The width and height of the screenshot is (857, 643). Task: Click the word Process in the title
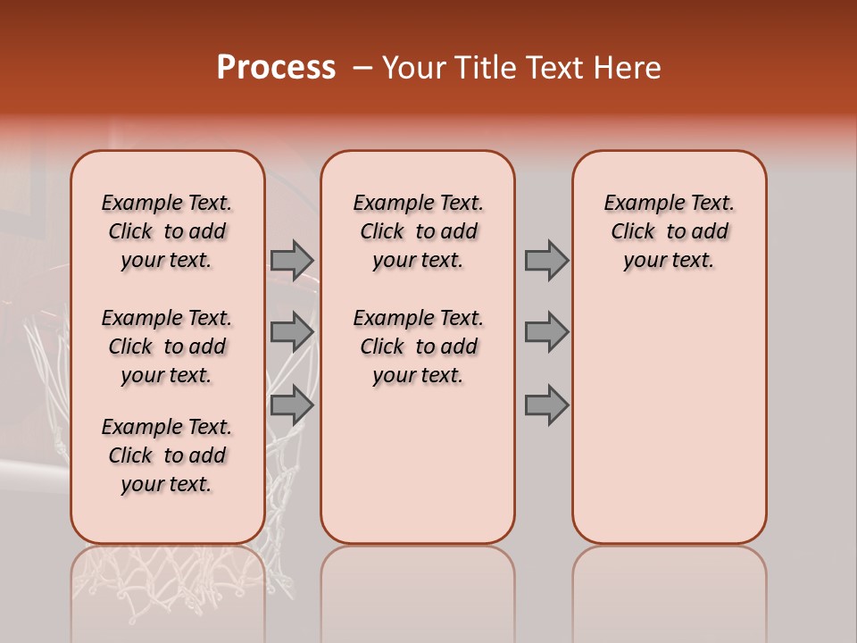point(275,68)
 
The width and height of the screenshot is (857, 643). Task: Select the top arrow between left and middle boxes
point(292,260)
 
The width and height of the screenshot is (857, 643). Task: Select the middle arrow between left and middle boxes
point(292,332)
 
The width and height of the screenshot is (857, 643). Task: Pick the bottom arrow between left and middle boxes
point(292,405)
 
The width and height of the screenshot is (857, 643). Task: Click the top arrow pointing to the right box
point(546,260)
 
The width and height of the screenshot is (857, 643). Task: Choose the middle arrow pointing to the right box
point(546,332)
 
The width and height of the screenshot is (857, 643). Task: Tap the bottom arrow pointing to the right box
point(546,405)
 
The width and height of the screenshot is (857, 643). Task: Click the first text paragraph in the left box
point(167,231)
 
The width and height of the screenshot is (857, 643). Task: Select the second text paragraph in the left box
point(167,347)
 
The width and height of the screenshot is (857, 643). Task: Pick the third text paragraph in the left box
point(167,455)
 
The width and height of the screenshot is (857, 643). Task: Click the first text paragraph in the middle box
point(418,231)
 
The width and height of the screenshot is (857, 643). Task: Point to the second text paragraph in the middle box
point(418,347)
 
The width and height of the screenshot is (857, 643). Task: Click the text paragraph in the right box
point(669,231)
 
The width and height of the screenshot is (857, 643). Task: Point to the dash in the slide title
point(362,68)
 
